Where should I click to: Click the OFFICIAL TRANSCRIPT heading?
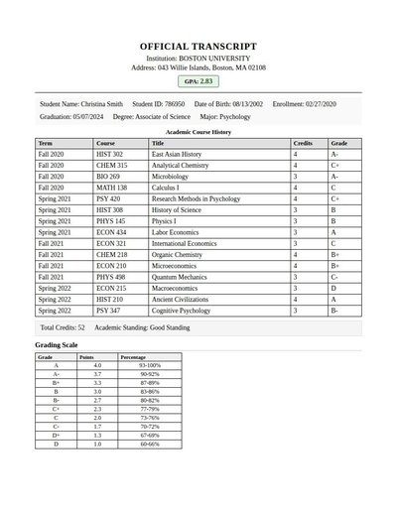[x=198, y=47]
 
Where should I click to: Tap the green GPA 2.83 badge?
[x=198, y=81]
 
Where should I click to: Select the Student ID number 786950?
[x=174, y=104]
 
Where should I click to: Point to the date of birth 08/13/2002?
[x=243, y=104]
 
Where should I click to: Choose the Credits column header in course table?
[x=303, y=144]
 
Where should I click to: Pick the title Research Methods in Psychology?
[x=196, y=198]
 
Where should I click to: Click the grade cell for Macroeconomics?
[x=333, y=288]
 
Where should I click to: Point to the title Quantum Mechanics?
[x=179, y=277]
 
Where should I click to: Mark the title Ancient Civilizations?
[x=181, y=299]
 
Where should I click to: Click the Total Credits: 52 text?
[x=63, y=326]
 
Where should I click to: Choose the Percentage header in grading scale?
[x=132, y=357]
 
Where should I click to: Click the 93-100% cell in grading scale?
[x=149, y=366]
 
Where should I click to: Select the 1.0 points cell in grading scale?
[x=97, y=444]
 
